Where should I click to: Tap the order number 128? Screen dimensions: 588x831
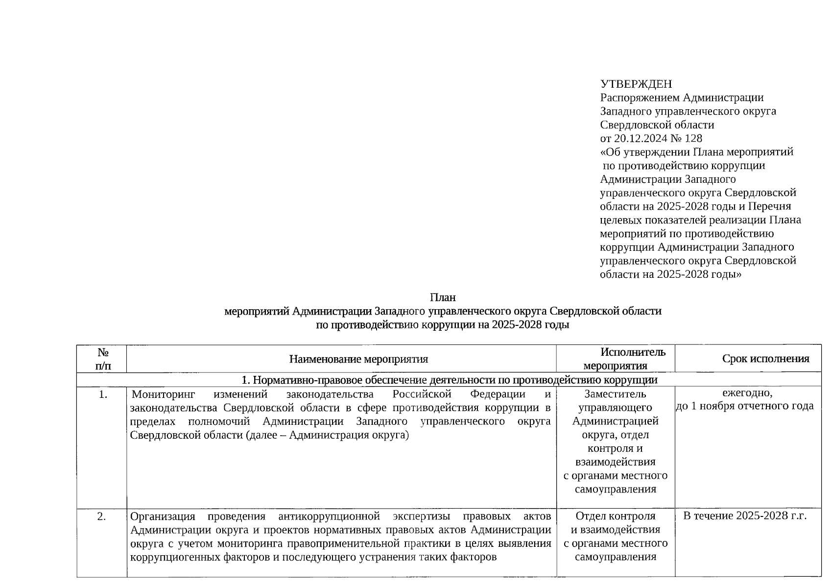tap(693, 139)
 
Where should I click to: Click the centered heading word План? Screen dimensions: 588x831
tap(443, 297)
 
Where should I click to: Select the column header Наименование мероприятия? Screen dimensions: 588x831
tap(358, 359)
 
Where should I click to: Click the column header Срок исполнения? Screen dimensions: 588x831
tap(765, 359)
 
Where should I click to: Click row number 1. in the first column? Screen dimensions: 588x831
tap(102, 394)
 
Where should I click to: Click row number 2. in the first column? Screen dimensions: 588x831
tap(101, 516)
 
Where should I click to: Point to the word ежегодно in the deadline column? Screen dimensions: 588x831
tap(747, 392)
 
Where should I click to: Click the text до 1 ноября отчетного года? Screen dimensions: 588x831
tap(744, 406)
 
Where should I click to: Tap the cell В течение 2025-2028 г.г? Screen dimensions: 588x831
tap(744, 516)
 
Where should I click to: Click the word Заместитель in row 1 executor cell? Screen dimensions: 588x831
tap(615, 394)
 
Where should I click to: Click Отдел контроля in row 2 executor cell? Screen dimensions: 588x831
tap(615, 516)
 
